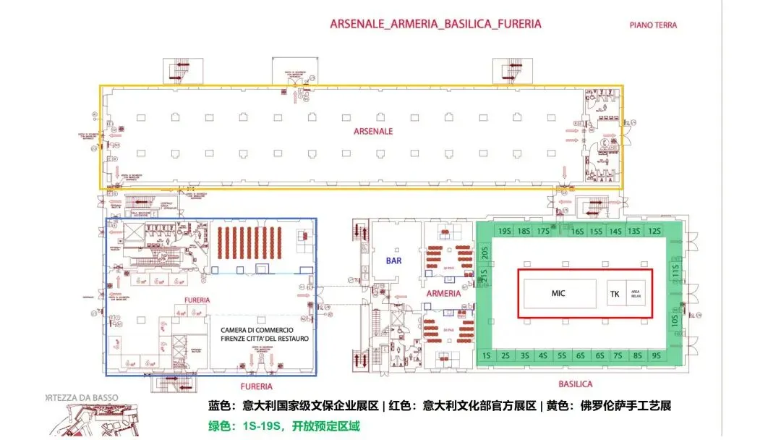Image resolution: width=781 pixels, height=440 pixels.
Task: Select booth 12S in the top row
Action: (654, 231)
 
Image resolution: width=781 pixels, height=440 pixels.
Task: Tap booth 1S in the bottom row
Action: (487, 355)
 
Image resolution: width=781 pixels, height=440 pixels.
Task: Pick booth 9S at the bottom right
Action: (655, 355)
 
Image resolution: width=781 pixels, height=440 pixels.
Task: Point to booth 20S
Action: (486, 253)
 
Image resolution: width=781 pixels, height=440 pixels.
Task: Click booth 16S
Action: (577, 231)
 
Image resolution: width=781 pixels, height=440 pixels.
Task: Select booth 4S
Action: (543, 355)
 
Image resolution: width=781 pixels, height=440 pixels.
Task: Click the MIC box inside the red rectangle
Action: (558, 293)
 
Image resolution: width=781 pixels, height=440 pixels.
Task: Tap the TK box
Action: (615, 294)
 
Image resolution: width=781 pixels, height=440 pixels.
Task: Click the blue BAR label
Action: (393, 261)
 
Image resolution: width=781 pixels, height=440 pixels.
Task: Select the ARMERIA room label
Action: (443, 294)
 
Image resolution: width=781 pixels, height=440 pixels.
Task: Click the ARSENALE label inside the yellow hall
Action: (373, 131)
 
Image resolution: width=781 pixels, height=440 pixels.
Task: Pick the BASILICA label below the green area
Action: (576, 384)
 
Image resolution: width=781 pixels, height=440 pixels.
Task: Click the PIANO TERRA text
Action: (652, 25)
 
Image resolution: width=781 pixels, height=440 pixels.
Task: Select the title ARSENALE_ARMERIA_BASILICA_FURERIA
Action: (435, 23)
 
